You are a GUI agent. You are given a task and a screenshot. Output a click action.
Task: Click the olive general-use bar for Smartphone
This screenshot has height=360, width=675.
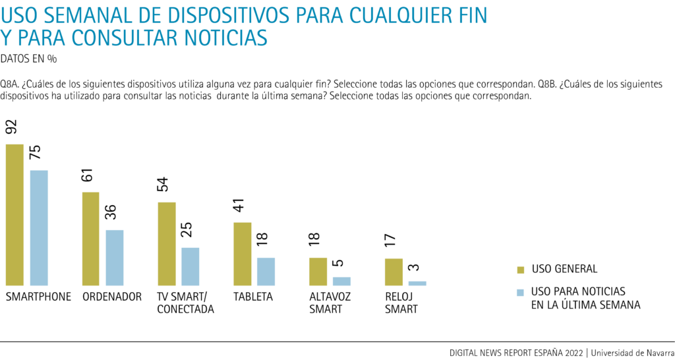point(15,214)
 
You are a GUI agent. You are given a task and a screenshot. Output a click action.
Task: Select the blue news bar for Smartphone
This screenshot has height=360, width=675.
point(39,227)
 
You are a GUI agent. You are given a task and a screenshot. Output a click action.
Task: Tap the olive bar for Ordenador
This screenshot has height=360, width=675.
point(90,238)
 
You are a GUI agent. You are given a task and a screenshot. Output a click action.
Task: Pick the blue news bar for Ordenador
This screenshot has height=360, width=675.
point(115,257)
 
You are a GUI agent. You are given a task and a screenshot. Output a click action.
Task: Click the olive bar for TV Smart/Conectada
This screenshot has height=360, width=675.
point(166,243)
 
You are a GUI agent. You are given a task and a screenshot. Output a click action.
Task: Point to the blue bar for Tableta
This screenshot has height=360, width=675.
point(266,271)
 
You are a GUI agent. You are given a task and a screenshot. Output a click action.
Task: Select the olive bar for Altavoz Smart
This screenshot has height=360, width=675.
point(318,271)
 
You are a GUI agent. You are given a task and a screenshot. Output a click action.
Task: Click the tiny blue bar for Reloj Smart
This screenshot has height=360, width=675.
point(417,283)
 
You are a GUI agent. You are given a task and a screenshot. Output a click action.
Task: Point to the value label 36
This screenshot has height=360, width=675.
point(111,212)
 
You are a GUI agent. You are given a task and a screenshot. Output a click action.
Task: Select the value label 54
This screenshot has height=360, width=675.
point(163,184)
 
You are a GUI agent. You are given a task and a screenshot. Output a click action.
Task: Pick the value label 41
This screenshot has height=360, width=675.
point(241,204)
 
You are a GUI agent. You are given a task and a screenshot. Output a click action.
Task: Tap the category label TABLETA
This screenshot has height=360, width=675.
point(253,297)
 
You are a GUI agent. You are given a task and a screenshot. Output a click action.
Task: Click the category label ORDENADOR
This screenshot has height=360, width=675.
point(112,297)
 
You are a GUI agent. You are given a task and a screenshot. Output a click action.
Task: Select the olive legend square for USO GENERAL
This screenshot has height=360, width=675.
point(520,269)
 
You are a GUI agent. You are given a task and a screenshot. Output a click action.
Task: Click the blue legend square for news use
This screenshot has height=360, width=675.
point(520,291)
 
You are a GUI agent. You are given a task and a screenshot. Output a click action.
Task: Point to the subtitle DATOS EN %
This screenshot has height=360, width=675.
point(28,59)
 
